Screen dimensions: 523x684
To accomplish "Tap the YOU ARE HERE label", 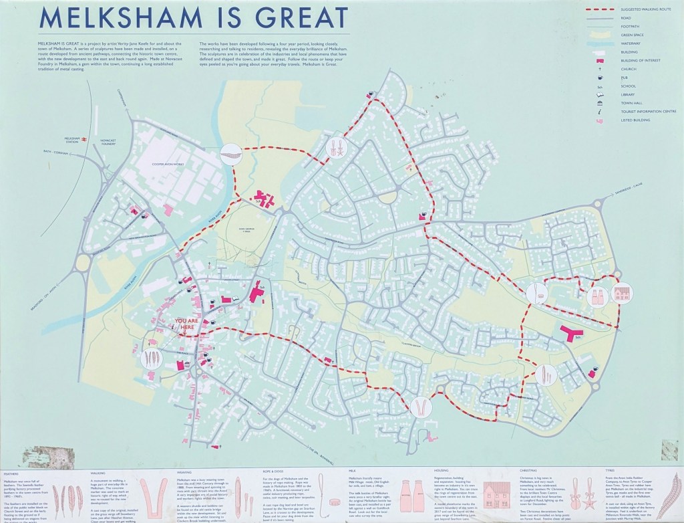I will point(186,324).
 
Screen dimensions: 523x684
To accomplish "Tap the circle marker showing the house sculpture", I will point(622,294).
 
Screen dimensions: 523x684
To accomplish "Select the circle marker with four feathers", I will point(152,359).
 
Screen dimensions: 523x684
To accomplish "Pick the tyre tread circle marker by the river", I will point(231,152).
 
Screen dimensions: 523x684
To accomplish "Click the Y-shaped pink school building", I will point(571,334).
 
